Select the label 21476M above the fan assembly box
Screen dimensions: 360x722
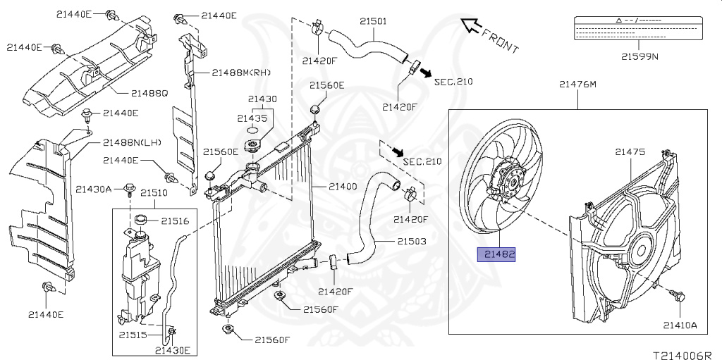577,85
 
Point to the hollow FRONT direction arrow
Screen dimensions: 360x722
468,26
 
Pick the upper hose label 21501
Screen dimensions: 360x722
372,21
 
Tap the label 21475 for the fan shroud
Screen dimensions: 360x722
630,151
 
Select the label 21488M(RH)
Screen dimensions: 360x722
241,72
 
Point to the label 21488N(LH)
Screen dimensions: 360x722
133,142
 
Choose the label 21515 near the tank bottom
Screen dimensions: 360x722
133,335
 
